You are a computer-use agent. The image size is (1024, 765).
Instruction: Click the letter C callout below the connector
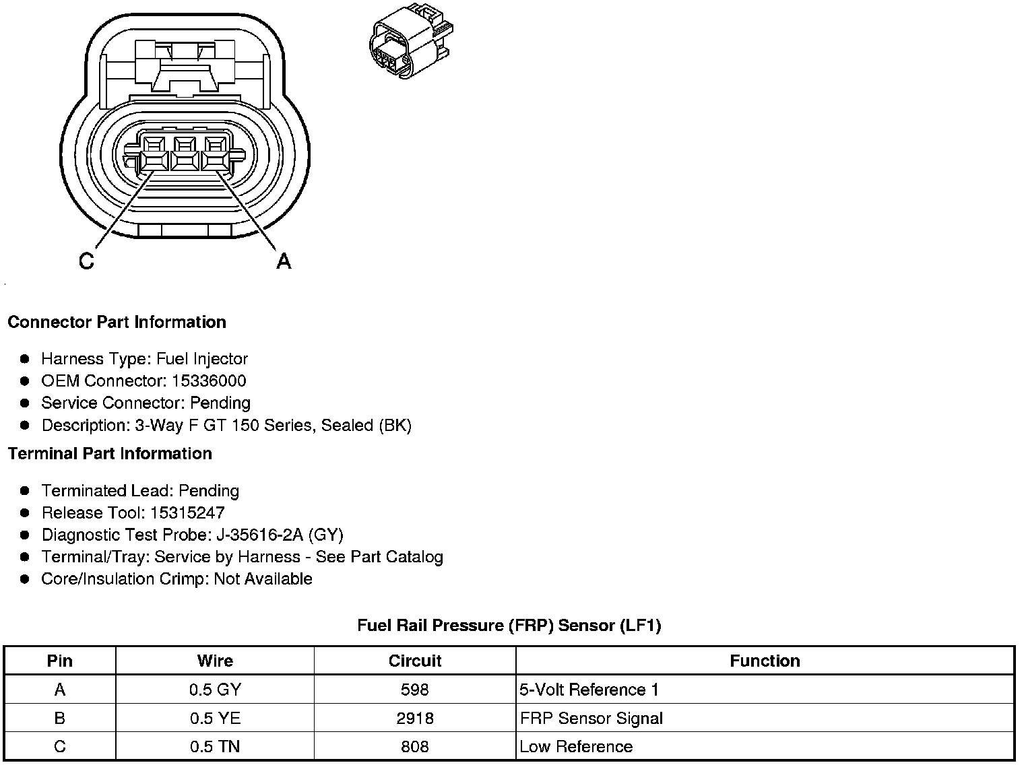(87, 261)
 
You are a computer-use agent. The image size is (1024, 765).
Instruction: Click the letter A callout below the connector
(284, 261)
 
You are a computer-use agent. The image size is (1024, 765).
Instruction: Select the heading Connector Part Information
(117, 322)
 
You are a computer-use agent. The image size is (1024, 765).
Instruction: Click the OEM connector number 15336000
(209, 380)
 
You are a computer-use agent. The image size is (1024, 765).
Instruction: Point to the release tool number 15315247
(187, 512)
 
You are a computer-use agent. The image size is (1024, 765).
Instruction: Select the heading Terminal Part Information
(110, 453)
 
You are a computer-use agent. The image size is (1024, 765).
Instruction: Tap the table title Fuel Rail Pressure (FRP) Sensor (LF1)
(509, 626)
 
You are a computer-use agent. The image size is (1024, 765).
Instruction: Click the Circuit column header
(415, 661)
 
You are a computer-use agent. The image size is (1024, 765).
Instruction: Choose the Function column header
(765, 661)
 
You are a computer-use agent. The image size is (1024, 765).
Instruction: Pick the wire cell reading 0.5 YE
(215, 719)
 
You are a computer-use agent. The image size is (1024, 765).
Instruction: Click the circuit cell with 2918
(415, 719)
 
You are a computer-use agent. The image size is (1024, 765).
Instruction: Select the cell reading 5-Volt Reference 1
(589, 690)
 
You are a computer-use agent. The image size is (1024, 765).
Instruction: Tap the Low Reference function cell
(576, 747)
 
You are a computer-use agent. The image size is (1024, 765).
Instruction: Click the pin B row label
(60, 719)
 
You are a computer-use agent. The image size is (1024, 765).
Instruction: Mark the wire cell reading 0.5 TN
(215, 747)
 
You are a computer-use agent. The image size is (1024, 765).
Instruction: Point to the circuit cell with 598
(415, 690)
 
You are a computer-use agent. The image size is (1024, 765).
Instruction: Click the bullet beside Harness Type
(25, 359)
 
